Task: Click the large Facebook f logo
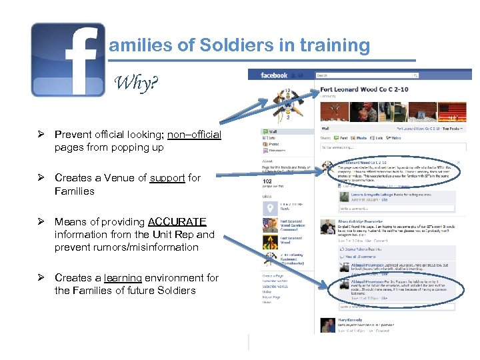68,59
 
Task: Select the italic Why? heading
136,83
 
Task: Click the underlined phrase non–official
194,135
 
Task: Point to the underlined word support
167,178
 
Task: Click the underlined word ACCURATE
177,221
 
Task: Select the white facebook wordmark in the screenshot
273,75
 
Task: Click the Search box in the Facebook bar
347,75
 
